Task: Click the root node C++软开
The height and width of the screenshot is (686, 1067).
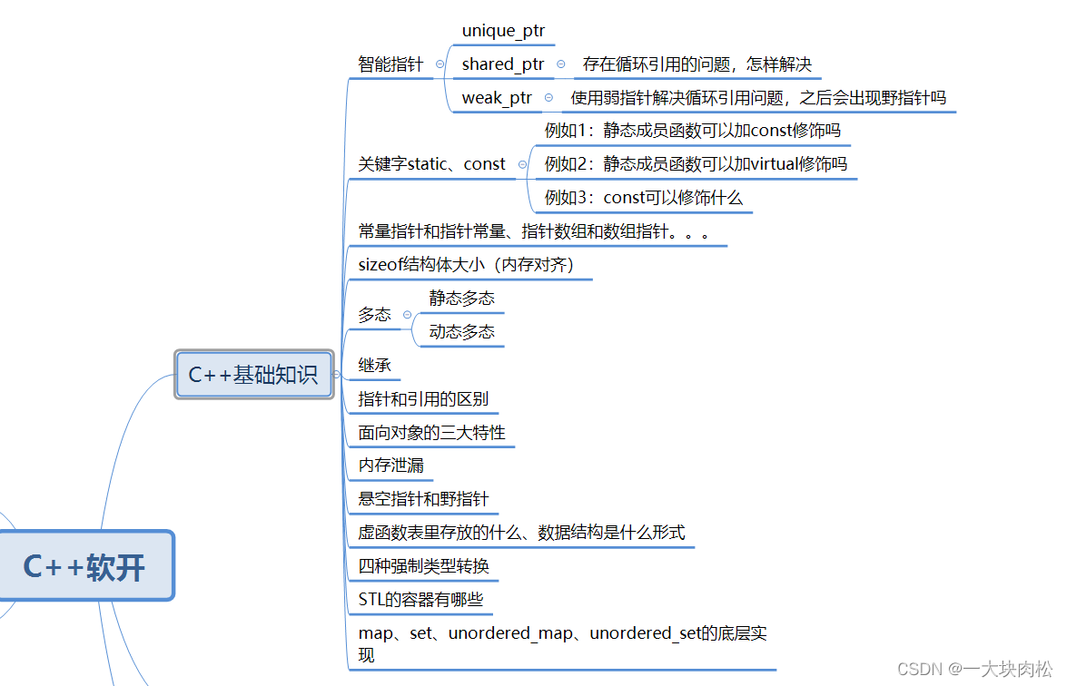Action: (84, 567)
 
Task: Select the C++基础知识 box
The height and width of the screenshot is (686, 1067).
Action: (253, 374)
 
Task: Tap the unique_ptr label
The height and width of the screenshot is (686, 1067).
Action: (503, 31)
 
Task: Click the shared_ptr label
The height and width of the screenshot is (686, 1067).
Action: (503, 64)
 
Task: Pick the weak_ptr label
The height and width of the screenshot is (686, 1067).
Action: (497, 98)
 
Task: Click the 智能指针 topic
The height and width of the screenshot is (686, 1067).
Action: (390, 64)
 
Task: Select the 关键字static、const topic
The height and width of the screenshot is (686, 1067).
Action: (431, 164)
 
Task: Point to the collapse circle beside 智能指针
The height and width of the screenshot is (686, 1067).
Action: (440, 64)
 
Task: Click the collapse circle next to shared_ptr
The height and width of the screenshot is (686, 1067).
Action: (560, 64)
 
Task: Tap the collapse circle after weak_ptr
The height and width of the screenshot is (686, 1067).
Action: (548, 98)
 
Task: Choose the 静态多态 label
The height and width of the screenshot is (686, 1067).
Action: (462, 299)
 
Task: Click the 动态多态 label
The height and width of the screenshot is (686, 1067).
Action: (462, 332)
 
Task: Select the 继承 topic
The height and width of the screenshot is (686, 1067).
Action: (375, 366)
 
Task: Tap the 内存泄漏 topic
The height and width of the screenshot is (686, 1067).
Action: (390, 465)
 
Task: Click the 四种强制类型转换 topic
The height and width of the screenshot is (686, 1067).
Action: (424, 566)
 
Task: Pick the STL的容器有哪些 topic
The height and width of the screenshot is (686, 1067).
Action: (420, 600)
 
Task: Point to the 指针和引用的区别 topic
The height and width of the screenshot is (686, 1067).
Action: (423, 399)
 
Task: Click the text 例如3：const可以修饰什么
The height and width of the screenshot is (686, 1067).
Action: (643, 198)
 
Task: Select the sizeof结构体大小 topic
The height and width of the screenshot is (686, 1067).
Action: (466, 265)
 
